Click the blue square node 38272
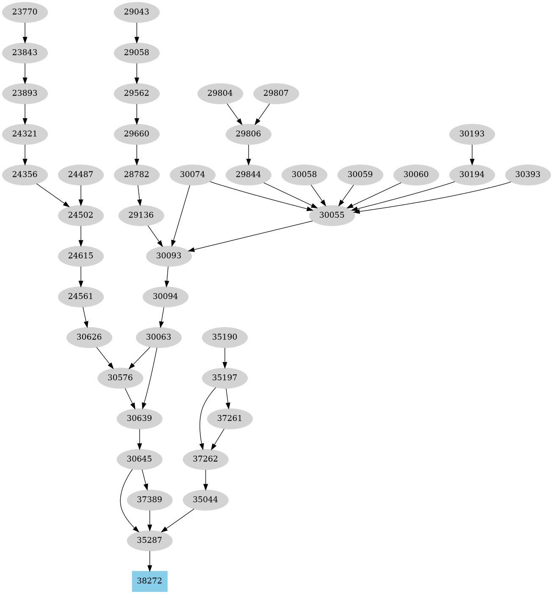[149, 581]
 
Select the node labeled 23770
[25, 12]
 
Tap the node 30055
[332, 215]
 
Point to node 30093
[169, 256]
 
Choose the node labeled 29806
[248, 134]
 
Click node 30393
[528, 174]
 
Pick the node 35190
[224, 337]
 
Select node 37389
[149, 500]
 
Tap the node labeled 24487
[80, 174]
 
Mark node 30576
[120, 378]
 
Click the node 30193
[472, 134]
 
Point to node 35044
[205, 500]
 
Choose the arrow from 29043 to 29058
[136, 32]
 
